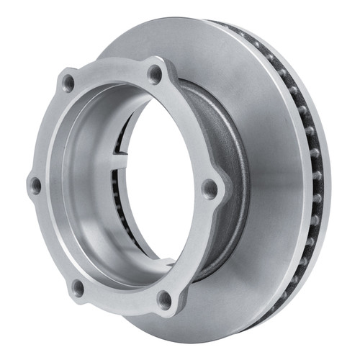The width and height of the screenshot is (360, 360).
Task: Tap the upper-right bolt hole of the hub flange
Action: click(154, 73)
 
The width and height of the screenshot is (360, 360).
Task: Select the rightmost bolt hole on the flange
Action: click(210, 189)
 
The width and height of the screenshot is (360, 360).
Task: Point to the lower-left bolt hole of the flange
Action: click(78, 288)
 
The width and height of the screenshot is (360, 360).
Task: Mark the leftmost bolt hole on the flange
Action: click(34, 185)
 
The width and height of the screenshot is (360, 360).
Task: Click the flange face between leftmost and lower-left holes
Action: click(49, 241)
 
